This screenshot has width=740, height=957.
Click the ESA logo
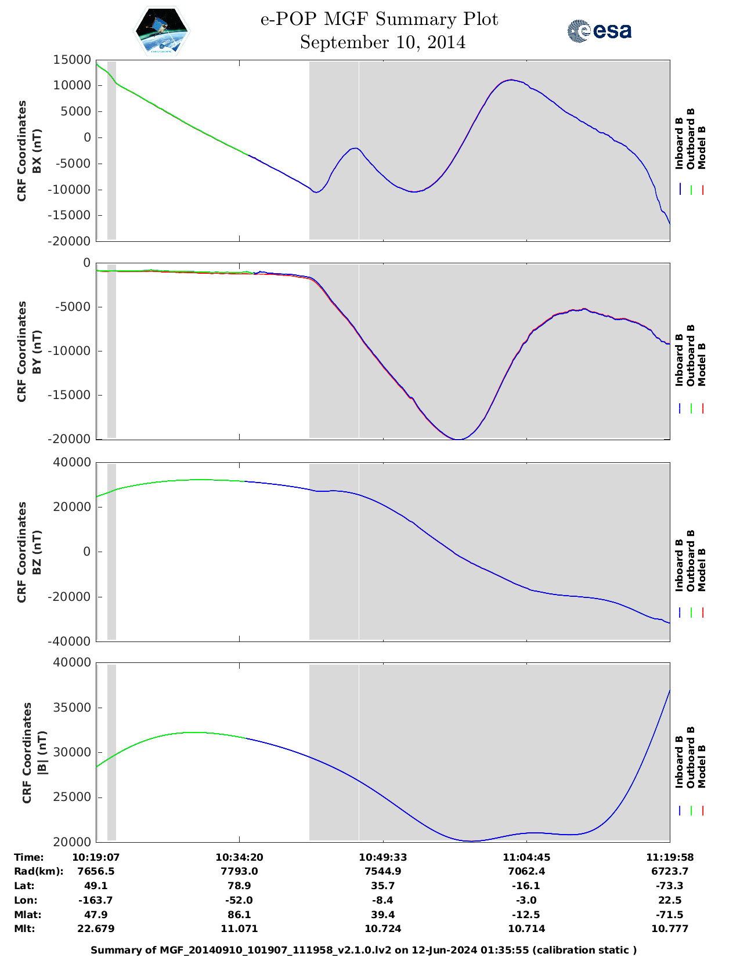pyautogui.click(x=599, y=31)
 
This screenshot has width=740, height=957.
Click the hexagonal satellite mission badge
pyautogui.click(x=162, y=31)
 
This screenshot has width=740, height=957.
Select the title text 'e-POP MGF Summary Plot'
pyautogui.click(x=379, y=19)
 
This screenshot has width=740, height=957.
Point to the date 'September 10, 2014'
pyautogui.click(x=382, y=42)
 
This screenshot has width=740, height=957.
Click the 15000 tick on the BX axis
pyautogui.click(x=72, y=60)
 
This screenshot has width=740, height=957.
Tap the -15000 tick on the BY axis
pyautogui.click(x=72, y=395)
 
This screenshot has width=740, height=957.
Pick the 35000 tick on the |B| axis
pyautogui.click(x=72, y=708)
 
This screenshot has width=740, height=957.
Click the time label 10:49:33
pyautogui.click(x=382, y=857)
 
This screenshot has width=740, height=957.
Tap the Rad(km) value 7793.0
pyautogui.click(x=239, y=871)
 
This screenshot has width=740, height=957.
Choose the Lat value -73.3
pyautogui.click(x=670, y=886)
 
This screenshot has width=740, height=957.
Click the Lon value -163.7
pyautogui.click(x=96, y=900)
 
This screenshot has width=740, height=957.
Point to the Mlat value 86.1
pyautogui.click(x=239, y=915)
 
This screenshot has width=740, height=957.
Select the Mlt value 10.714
pyautogui.click(x=526, y=929)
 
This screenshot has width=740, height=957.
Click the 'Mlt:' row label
pyautogui.click(x=24, y=929)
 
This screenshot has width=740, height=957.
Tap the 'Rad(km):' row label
pyautogui.click(x=38, y=871)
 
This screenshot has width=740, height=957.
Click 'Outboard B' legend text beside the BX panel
pyautogui.click(x=690, y=139)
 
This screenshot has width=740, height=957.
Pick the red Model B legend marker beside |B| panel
pyautogui.click(x=703, y=811)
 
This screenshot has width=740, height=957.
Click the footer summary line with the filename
pyautogui.click(x=364, y=950)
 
